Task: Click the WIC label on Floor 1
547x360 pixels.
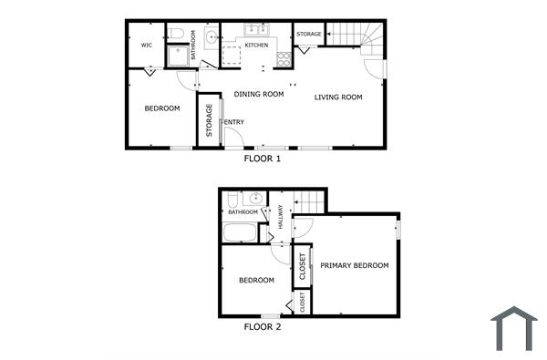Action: pos(146,45)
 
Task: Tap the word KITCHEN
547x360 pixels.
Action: pos(256,45)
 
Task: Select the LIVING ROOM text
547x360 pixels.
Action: pos(339,98)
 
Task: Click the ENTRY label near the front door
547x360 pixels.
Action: pos(234,122)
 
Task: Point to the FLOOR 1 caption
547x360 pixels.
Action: pos(263,159)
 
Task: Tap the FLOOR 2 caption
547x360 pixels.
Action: pos(263,326)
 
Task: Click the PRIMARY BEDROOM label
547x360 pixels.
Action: pos(355,265)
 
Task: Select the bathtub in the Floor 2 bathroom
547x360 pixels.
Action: pos(241,232)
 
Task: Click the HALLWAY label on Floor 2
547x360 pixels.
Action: pos(281,216)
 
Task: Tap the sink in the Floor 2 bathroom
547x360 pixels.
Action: pos(256,198)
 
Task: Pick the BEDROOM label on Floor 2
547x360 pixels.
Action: pos(256,281)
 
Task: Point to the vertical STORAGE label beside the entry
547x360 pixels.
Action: pos(210,120)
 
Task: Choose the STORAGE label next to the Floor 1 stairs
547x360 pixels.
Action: pos(309,35)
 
